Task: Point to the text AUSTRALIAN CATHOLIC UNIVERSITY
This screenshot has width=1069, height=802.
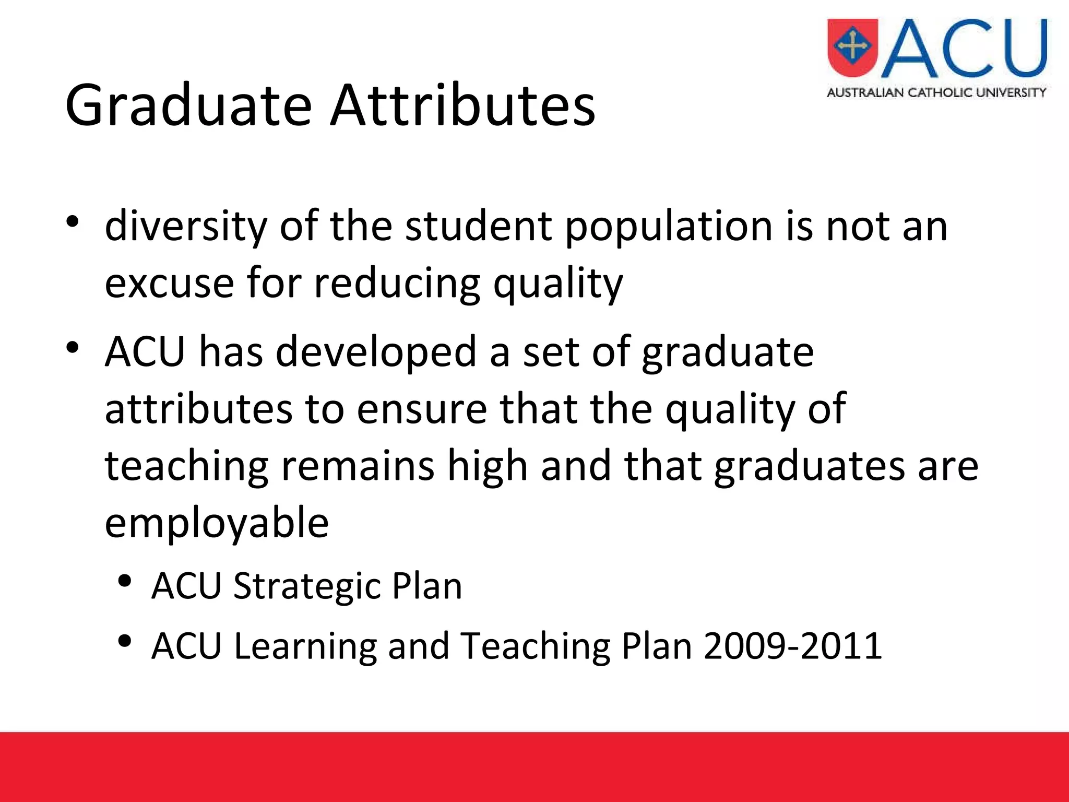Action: tap(936, 93)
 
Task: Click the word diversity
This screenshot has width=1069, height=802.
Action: tap(185, 227)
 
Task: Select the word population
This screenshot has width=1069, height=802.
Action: tap(669, 228)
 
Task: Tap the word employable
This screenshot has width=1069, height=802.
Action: tap(217, 524)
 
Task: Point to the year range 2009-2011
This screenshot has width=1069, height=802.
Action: tap(792, 646)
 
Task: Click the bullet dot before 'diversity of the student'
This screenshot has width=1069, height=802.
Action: tap(73, 221)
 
